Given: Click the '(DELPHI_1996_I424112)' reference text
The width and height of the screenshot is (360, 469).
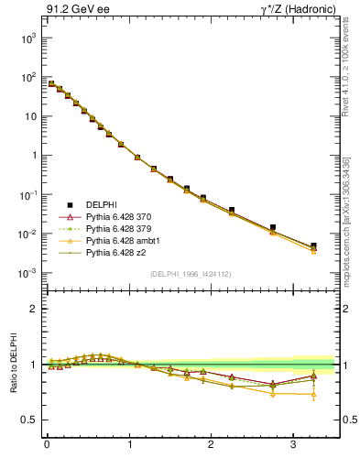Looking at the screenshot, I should click(190, 273).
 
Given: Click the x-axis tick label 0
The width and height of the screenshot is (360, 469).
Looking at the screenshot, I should click(47, 446).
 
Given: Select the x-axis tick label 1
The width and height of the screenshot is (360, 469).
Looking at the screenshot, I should click(129, 446).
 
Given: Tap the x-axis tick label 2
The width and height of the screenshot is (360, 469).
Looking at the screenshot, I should click(212, 446).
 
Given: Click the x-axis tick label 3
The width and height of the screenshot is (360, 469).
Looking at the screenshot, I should click(293, 446).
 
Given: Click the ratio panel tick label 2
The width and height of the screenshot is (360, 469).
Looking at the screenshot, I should click(34, 309).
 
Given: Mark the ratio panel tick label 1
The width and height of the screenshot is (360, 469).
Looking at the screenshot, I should click(34, 365).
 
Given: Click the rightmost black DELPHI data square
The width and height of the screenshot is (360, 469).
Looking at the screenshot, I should click(314, 245).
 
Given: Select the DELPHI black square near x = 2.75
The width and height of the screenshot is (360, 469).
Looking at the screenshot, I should click(273, 227).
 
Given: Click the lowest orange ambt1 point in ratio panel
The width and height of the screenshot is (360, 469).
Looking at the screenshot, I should click(314, 395).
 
